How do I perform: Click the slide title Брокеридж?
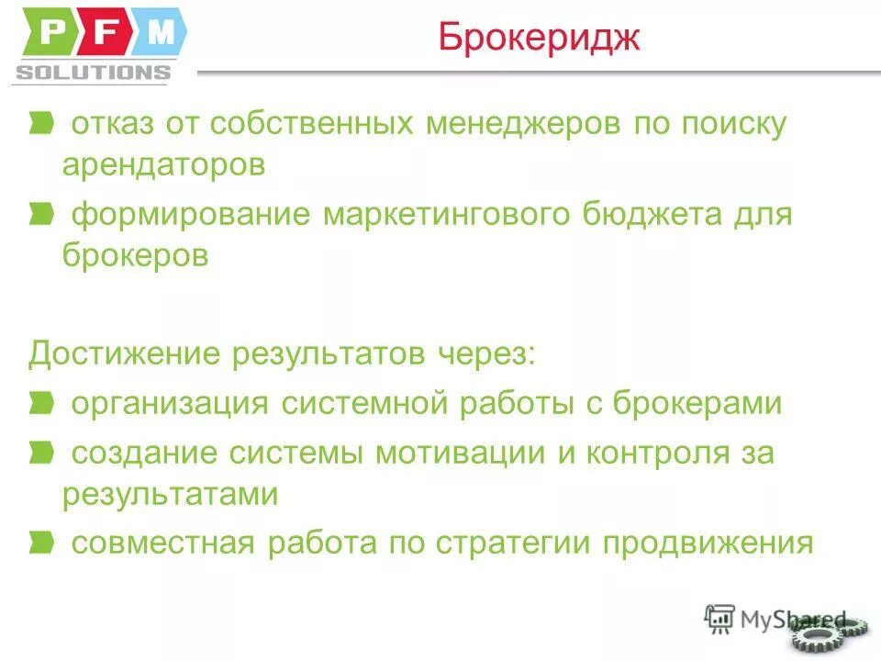539,39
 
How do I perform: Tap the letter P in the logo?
53,34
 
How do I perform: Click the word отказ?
113,124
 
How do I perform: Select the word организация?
170,404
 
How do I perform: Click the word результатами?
171,494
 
